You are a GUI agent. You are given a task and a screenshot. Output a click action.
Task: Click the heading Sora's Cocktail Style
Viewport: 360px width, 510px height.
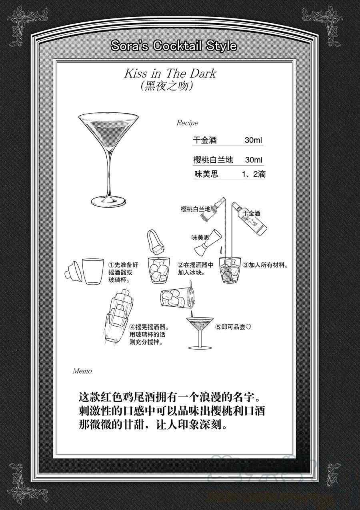[174, 46]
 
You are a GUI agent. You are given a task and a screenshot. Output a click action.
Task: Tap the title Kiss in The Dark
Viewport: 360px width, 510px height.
[170, 73]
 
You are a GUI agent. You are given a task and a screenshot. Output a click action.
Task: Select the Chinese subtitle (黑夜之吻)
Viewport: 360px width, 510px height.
[167, 86]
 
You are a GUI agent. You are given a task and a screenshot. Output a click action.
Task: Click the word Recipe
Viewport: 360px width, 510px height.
[187, 123]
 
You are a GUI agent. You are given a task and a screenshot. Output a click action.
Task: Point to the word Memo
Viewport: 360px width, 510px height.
[82, 371]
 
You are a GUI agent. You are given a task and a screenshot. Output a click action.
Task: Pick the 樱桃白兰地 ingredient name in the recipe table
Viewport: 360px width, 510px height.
[213, 160]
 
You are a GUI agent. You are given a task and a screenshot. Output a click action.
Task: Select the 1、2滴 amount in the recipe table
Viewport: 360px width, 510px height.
[254, 174]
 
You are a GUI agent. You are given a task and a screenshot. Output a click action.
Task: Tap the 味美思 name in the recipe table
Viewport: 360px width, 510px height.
[206, 174]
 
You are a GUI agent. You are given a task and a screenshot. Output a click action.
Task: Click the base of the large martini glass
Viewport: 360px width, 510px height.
[108, 202]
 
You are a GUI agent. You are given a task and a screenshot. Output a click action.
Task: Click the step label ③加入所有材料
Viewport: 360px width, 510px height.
[266, 265]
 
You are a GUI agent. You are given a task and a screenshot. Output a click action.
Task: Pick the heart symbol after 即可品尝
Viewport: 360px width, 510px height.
[248, 327]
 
